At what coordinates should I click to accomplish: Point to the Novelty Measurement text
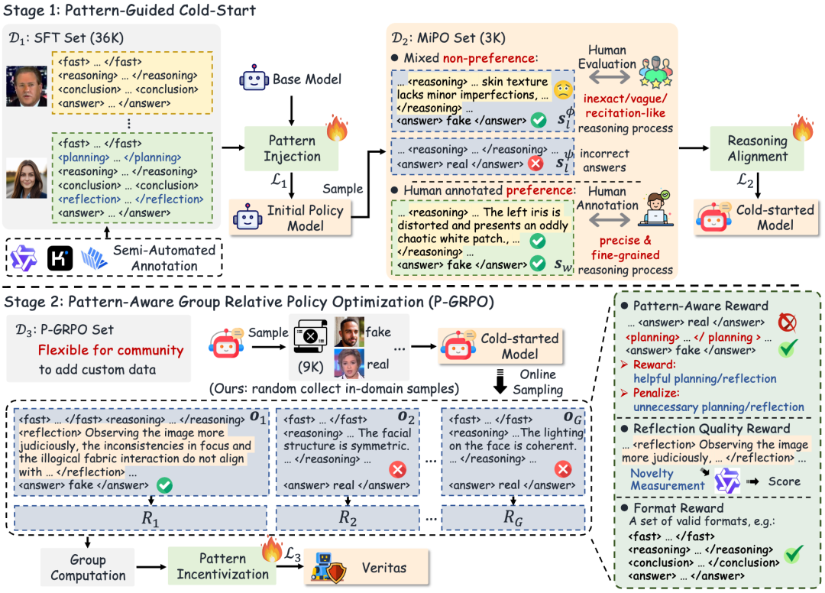(667, 480)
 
